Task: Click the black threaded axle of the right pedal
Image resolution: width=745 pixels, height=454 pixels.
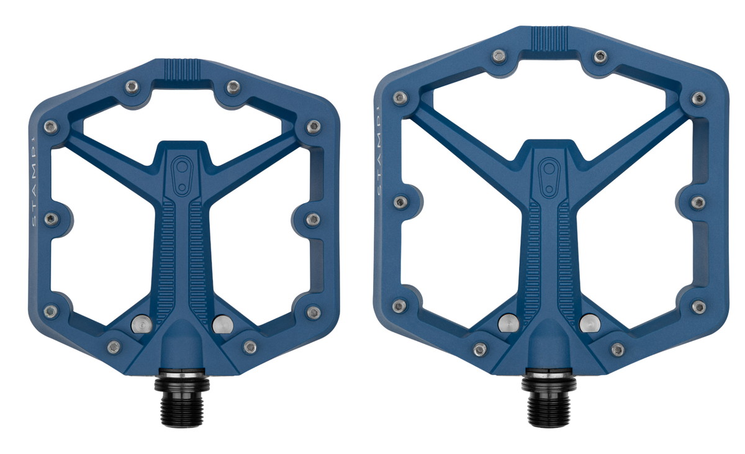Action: coord(548,397)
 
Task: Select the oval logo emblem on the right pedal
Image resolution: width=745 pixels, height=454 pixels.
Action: coord(549,178)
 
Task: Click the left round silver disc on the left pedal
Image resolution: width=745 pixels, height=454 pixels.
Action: coord(142,324)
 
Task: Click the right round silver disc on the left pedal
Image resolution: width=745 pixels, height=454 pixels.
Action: coord(222,324)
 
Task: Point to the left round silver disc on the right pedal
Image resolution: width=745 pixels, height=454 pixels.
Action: coord(508,323)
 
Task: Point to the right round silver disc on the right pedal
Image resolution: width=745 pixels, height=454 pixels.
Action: coord(590,323)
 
